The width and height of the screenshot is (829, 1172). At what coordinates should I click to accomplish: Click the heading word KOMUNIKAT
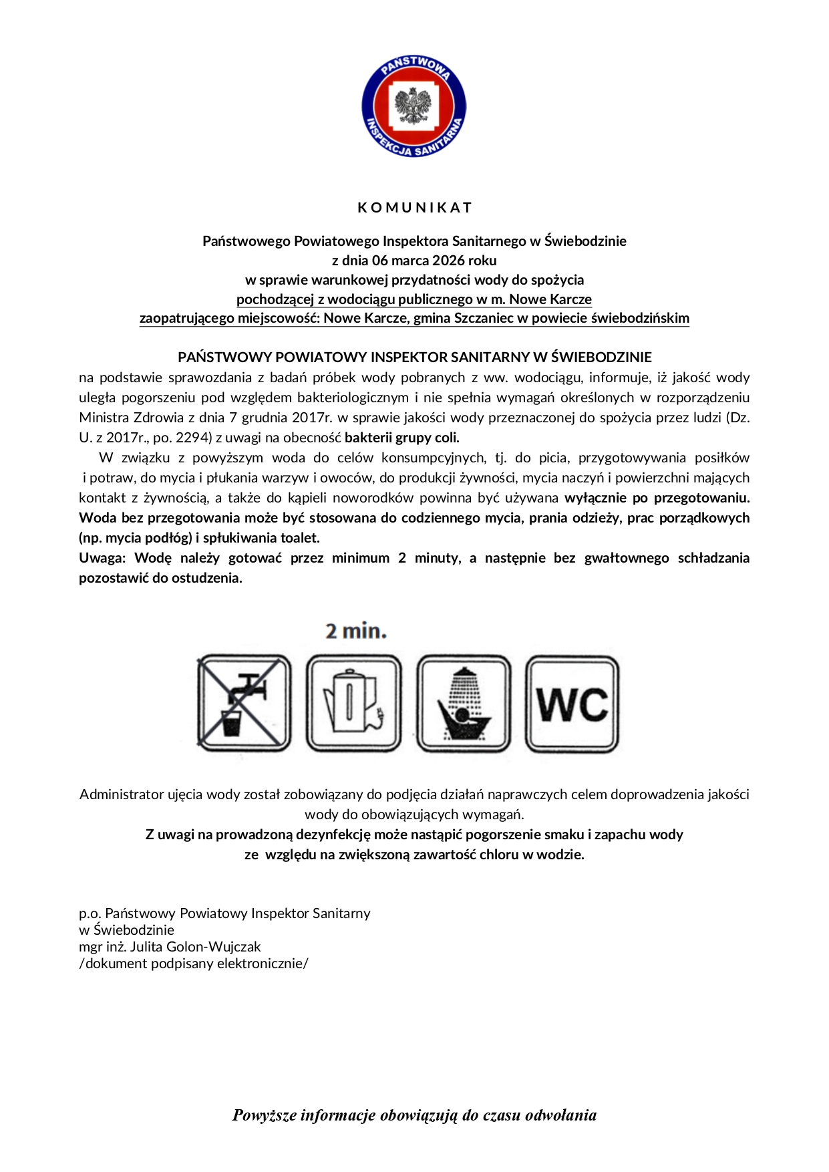415,208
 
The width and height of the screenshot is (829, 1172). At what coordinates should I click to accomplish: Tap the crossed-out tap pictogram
244,704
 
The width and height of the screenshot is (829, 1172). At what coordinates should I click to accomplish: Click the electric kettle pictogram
353,704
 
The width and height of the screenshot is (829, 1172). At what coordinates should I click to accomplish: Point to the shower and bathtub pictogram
464,704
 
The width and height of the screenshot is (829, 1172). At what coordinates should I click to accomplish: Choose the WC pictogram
572,704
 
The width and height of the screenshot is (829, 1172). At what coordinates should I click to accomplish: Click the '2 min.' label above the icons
356,631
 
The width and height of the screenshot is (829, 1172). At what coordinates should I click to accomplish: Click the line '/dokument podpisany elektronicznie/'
194,964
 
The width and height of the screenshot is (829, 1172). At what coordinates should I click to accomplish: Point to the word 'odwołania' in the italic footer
560,1115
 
